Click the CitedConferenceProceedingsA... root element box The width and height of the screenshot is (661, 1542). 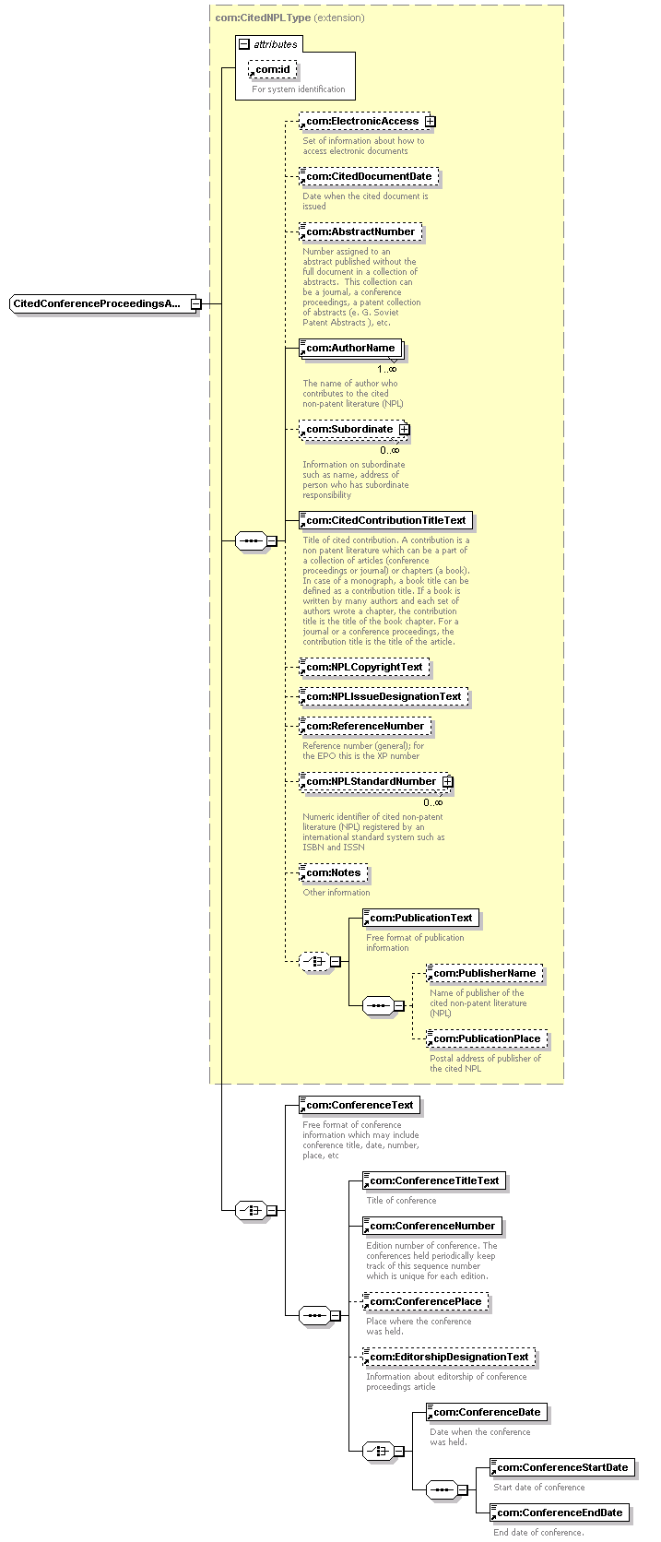(100, 303)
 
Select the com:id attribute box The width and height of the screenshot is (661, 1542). (272, 69)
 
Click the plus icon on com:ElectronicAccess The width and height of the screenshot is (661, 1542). (430, 121)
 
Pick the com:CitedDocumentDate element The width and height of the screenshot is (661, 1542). (368, 176)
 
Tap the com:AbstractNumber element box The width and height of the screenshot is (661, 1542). (360, 232)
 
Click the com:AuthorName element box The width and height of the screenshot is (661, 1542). (351, 348)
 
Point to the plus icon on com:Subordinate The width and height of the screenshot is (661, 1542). (405, 430)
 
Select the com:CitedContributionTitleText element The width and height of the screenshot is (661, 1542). (386, 520)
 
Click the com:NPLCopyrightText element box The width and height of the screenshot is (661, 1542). (364, 667)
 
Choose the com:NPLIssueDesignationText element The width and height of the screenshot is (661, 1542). (384, 696)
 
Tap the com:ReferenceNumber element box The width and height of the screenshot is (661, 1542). (365, 726)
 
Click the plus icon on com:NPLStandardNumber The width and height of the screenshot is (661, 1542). (448, 782)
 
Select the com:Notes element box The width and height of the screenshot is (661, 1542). (334, 872)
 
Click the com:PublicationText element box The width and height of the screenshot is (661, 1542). (421, 918)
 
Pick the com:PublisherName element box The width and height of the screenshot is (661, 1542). (485, 973)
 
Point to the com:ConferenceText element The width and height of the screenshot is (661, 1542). (360, 1105)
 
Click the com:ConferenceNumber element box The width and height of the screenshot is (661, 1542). (432, 1226)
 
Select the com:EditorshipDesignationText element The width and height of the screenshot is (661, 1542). (449, 1357)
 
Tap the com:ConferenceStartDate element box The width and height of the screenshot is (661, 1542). (562, 1467)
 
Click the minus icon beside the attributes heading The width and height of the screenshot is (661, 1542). (244, 44)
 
